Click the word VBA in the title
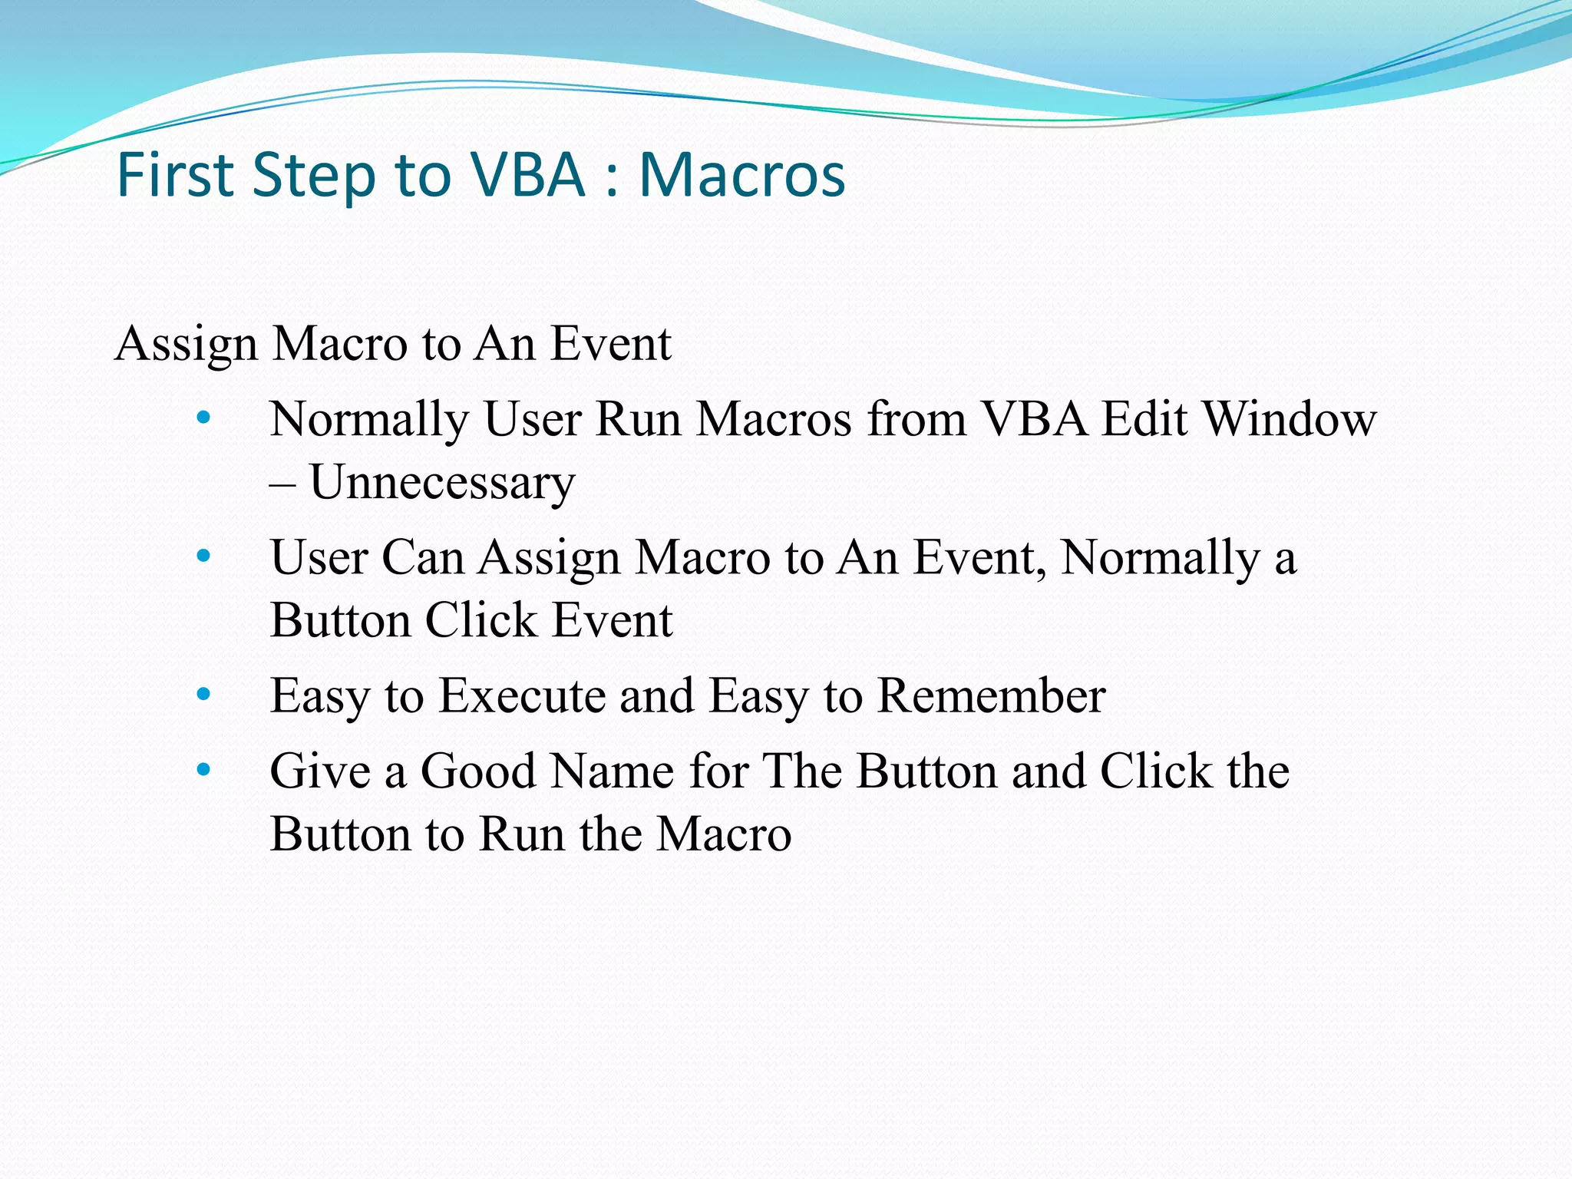click(527, 175)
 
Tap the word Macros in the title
click(741, 175)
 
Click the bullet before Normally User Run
click(203, 418)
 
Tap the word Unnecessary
click(442, 483)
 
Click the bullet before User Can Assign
click(203, 556)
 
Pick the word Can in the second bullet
click(423, 557)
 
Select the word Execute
click(521, 696)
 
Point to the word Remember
click(991, 696)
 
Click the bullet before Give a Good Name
click(203, 770)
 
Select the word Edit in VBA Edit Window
click(1144, 420)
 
